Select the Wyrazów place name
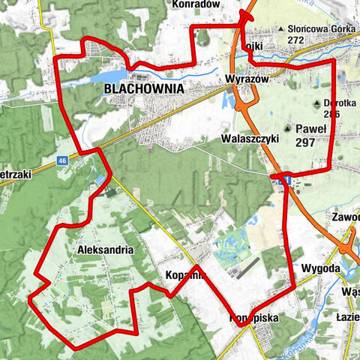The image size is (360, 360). coord(241,79)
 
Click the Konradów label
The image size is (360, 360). coord(195,4)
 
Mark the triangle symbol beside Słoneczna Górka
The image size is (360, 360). coord(281,29)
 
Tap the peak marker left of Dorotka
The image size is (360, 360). coord(316,103)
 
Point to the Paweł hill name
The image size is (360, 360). coord(310,128)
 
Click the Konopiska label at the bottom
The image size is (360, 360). coord(254,318)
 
